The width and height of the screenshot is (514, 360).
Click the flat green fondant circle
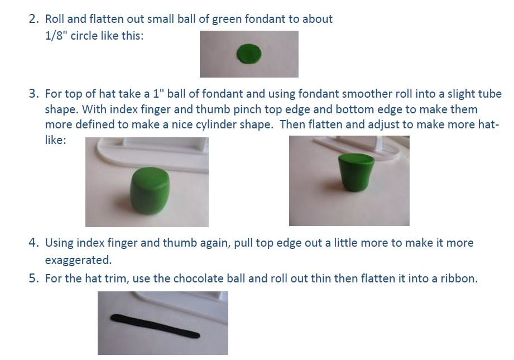click(x=249, y=54)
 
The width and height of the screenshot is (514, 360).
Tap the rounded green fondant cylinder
click(x=150, y=190)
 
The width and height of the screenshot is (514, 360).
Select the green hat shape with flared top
click(x=356, y=172)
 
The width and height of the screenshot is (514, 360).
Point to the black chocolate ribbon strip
click(x=155, y=326)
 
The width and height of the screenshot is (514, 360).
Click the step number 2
click(x=33, y=19)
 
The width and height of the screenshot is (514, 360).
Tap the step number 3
click(x=33, y=94)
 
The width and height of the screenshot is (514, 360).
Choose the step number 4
click(x=33, y=243)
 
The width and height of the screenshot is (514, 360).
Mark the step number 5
click(x=33, y=279)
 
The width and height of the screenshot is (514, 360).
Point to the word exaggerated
click(x=78, y=260)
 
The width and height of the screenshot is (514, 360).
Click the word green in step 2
click(x=227, y=20)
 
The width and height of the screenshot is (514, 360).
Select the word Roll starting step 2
click(x=55, y=19)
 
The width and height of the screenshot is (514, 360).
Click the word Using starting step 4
click(x=59, y=243)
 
